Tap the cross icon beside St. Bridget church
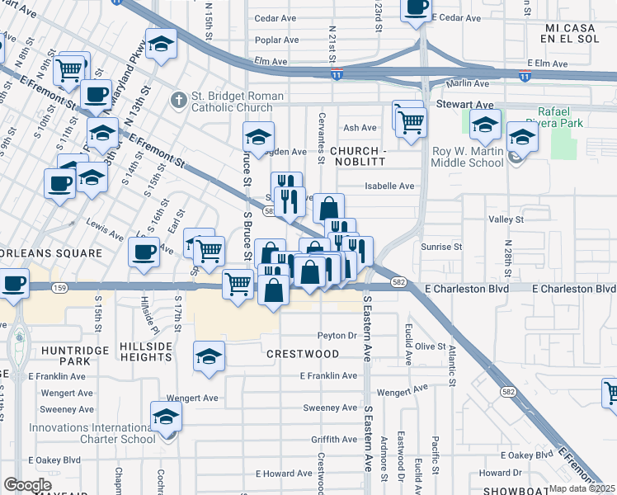[178, 100]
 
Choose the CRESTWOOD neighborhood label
[303, 353]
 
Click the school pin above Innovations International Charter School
[166, 416]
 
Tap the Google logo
[27, 485]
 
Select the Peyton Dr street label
[337, 336]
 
